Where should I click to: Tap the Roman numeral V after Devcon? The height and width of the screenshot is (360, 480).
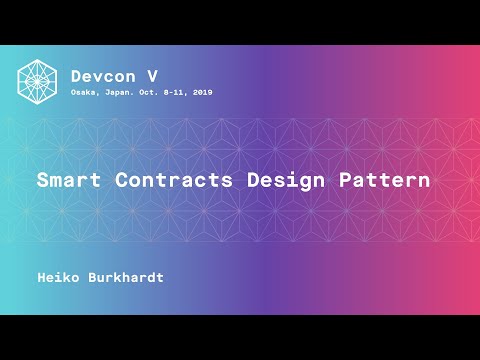pyautogui.click(x=152, y=75)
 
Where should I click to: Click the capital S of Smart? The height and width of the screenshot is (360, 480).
pyautogui.click(x=43, y=182)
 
